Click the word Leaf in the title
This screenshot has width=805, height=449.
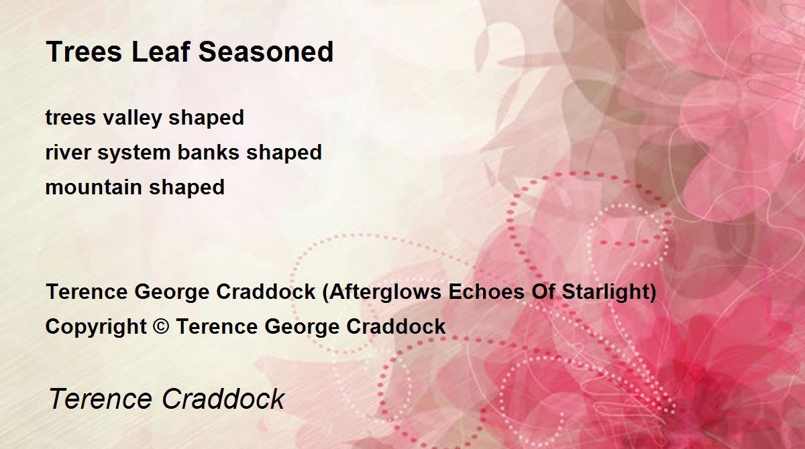tap(160, 52)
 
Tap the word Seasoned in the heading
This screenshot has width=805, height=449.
tap(266, 52)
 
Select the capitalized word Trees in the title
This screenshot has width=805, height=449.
tap(85, 52)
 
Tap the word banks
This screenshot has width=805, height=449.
tap(209, 152)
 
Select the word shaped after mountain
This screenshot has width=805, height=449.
tap(187, 188)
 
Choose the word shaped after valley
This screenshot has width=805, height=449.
tap(207, 118)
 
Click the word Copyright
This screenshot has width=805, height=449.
tap(96, 327)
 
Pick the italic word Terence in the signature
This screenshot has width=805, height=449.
tap(100, 399)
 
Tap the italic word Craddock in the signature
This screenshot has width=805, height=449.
tap(223, 398)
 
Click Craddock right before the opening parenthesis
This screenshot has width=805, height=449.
tap(266, 292)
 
